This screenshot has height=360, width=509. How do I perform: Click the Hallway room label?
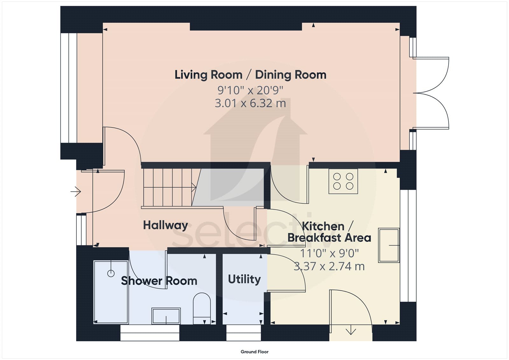coord(165,225)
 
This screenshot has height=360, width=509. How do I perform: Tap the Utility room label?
coord(244,279)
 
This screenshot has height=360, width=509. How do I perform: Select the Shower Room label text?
coord(159,281)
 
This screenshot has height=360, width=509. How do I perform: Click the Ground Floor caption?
coord(254,352)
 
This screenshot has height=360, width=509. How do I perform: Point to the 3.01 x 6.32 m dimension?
coord(250,103)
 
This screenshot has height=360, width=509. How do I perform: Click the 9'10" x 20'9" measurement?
coord(250,90)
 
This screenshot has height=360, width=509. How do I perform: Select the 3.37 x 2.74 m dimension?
coord(329,266)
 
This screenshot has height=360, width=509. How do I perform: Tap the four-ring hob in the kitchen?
coord(343,181)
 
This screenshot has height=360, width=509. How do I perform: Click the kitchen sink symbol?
coord(389,245)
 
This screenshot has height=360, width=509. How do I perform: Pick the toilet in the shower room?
coord(202,308)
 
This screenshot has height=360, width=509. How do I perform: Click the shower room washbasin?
coord(166,316)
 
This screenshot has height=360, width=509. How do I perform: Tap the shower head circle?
coord(111,273)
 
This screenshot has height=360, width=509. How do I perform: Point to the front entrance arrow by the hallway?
coord(76,192)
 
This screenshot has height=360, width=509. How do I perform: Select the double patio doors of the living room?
coord(431,93)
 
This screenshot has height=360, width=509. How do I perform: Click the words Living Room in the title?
coord(208,75)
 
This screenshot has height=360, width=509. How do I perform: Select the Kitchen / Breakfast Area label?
coord(329,232)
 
